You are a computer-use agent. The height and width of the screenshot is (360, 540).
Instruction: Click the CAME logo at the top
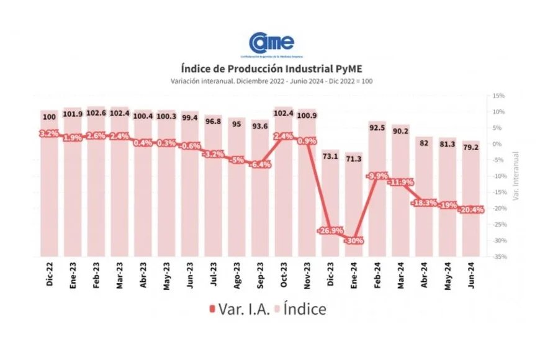[271, 43]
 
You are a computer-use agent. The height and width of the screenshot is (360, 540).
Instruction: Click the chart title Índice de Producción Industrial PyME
[271, 68]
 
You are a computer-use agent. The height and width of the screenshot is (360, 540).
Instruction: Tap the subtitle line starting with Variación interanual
[271, 81]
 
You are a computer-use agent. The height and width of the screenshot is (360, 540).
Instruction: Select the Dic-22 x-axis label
[49, 274]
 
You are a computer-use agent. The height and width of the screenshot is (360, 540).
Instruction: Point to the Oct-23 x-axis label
[284, 274]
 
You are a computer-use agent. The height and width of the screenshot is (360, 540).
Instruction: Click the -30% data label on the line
[354, 241]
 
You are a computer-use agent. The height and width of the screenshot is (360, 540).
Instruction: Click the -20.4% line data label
[471, 210]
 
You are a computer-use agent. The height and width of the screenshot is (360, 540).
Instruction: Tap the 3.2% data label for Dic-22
[48, 133]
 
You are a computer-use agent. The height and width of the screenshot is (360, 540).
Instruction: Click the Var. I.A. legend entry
[240, 308]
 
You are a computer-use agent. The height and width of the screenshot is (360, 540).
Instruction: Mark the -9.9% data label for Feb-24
[377, 176]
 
